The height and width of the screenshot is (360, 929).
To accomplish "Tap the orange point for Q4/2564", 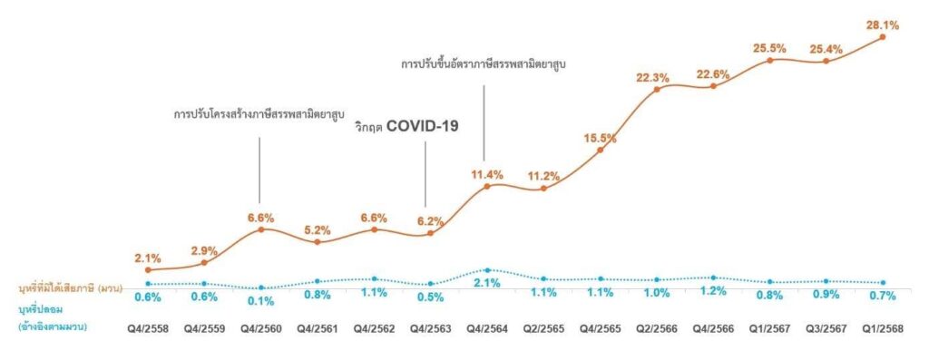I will click(487, 186).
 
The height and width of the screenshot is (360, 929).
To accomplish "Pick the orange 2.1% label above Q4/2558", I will click(146, 258).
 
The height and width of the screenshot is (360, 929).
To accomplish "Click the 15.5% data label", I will click(600, 138).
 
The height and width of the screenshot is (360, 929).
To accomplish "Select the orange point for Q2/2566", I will click(656, 89).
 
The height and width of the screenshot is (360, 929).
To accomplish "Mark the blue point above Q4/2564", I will click(487, 270).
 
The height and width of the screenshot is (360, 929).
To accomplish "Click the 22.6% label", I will click(712, 75).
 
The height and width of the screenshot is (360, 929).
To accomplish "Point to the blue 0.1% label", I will click(260, 301).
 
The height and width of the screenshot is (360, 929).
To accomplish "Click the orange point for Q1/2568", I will click(882, 37).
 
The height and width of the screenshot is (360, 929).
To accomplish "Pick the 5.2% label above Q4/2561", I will click(317, 229).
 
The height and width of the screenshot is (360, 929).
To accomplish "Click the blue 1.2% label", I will click(712, 292).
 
